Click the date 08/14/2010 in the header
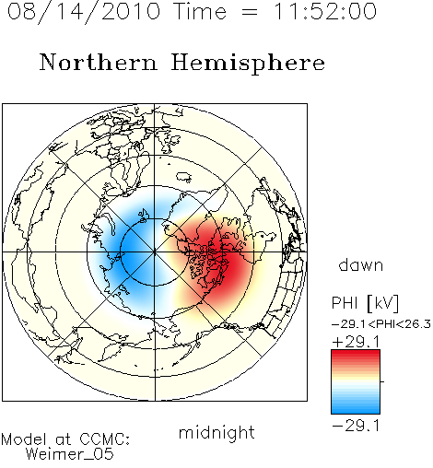pyautogui.click(x=84, y=12)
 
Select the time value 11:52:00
pyautogui.click(x=325, y=12)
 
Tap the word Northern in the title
pyautogui.click(x=99, y=62)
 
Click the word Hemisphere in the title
pyautogui.click(x=248, y=64)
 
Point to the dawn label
pyautogui.click(x=361, y=264)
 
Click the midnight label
pyautogui.click(x=216, y=432)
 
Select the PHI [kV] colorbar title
pyautogui.click(x=365, y=303)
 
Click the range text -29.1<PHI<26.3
pyautogui.click(x=381, y=324)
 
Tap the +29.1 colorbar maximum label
pyautogui.click(x=357, y=342)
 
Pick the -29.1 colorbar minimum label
pyautogui.click(x=357, y=426)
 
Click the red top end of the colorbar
pyautogui.click(x=356, y=352)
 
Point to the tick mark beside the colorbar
pyautogui.click(x=382, y=381)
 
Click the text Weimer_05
pyautogui.click(x=70, y=454)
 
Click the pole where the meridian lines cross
pyautogui.click(x=155, y=252)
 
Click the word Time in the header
pyautogui.click(x=200, y=12)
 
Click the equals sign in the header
pyautogui.click(x=250, y=12)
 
